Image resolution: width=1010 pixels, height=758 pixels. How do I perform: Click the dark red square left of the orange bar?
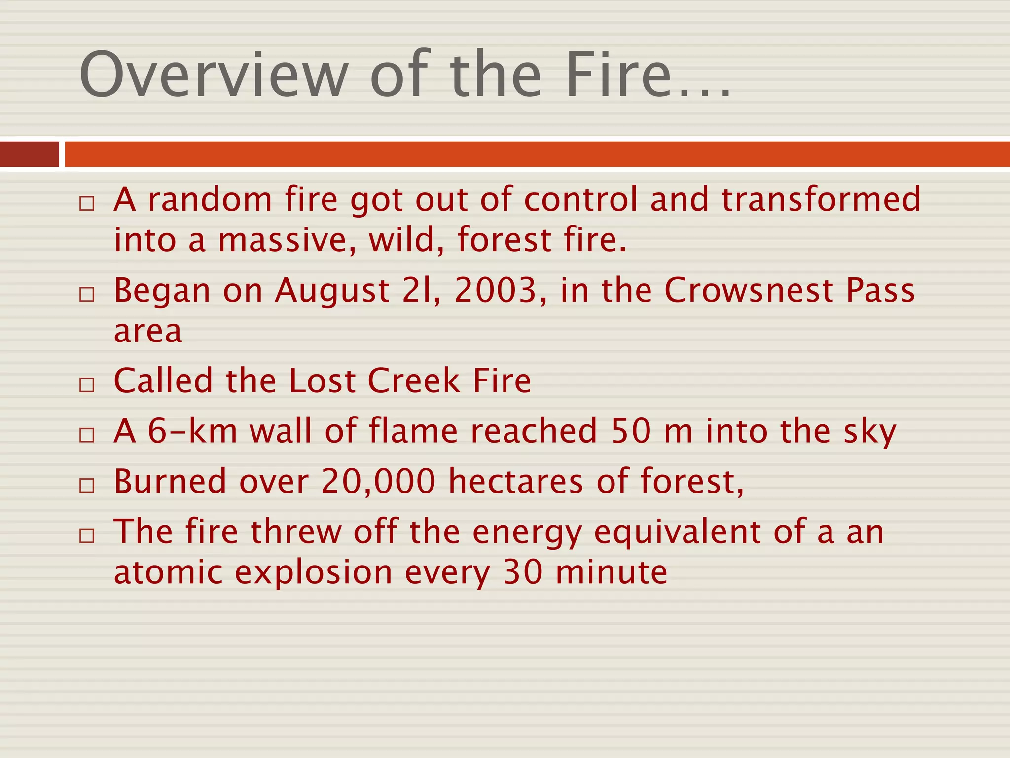click(x=29, y=154)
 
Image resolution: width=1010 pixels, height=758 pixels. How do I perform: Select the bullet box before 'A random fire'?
click(x=87, y=203)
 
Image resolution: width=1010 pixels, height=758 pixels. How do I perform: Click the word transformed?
click(x=821, y=199)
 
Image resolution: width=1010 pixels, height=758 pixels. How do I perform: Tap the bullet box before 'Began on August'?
click(x=87, y=295)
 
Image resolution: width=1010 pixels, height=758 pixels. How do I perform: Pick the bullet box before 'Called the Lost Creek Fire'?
click(x=87, y=385)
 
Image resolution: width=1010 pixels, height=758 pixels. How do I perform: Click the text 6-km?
click(x=193, y=431)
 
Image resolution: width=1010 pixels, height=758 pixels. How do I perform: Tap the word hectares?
click(x=516, y=482)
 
